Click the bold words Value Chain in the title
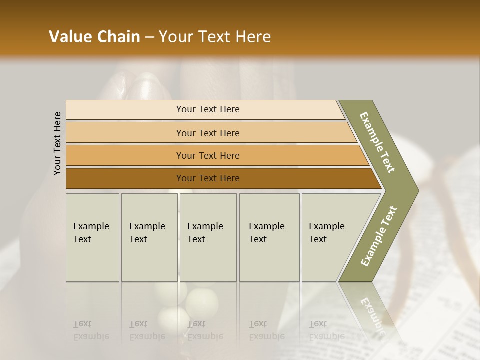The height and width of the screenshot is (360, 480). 94,37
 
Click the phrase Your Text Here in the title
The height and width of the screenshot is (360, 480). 215,37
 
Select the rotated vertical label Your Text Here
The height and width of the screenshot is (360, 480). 58,143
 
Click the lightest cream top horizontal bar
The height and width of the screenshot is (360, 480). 207,109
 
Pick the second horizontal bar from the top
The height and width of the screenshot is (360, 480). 207,133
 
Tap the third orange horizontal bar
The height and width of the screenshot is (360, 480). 207,155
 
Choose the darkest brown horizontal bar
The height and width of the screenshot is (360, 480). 207,178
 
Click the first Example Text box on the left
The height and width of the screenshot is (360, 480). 92,237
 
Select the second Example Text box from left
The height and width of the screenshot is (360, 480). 149,237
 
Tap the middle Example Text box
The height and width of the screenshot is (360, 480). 208,237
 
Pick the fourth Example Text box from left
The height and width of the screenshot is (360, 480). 269,237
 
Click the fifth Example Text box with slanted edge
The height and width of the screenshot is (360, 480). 330,237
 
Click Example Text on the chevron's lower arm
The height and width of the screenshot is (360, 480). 379,236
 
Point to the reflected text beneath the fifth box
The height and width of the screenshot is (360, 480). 326,330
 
